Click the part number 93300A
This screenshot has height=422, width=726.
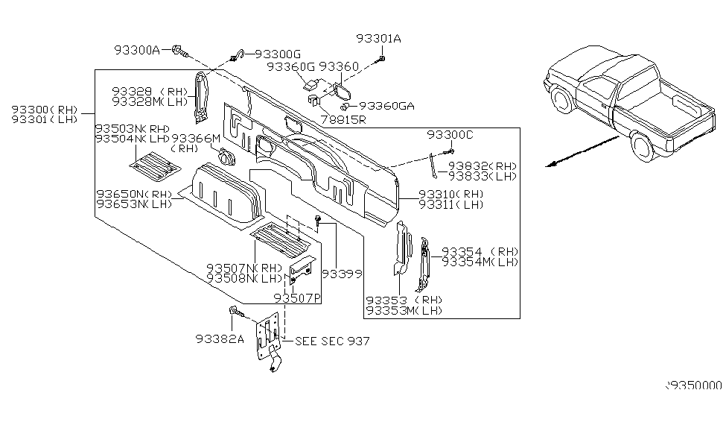coord(137,50)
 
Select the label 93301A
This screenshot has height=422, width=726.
coord(378,40)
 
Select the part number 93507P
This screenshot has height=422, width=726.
coord(296,297)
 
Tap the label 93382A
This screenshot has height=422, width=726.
coord(220,338)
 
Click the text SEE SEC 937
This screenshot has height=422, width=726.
coord(332,341)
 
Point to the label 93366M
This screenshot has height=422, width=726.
coord(196,139)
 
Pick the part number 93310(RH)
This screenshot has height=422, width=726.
coord(451,194)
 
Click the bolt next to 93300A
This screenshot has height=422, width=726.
coord(178,51)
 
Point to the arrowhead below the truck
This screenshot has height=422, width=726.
coord(550,167)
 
